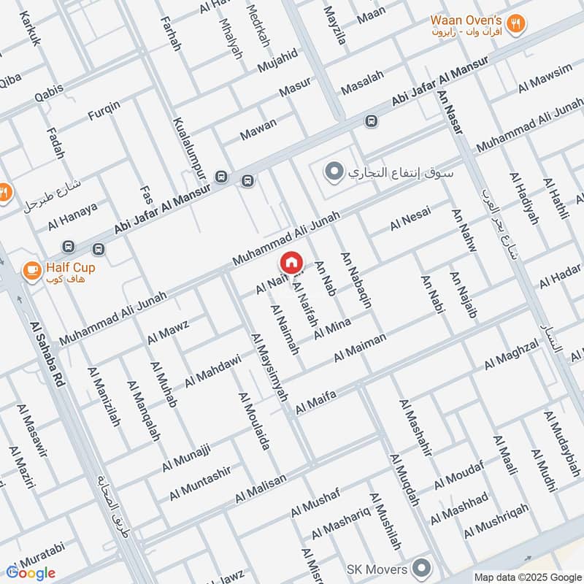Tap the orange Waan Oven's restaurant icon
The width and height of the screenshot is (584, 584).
pos(517,23)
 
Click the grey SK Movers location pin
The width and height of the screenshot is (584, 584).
pos(421,566)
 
